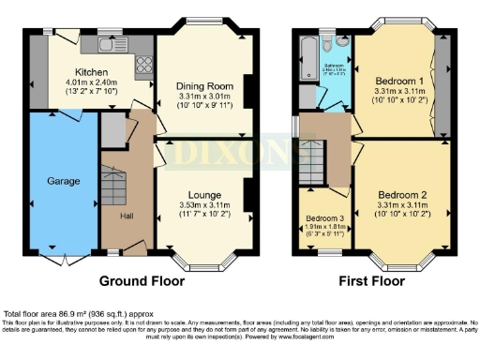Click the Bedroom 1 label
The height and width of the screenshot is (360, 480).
coord(396,81)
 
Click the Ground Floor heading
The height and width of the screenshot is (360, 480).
coord(142,280)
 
